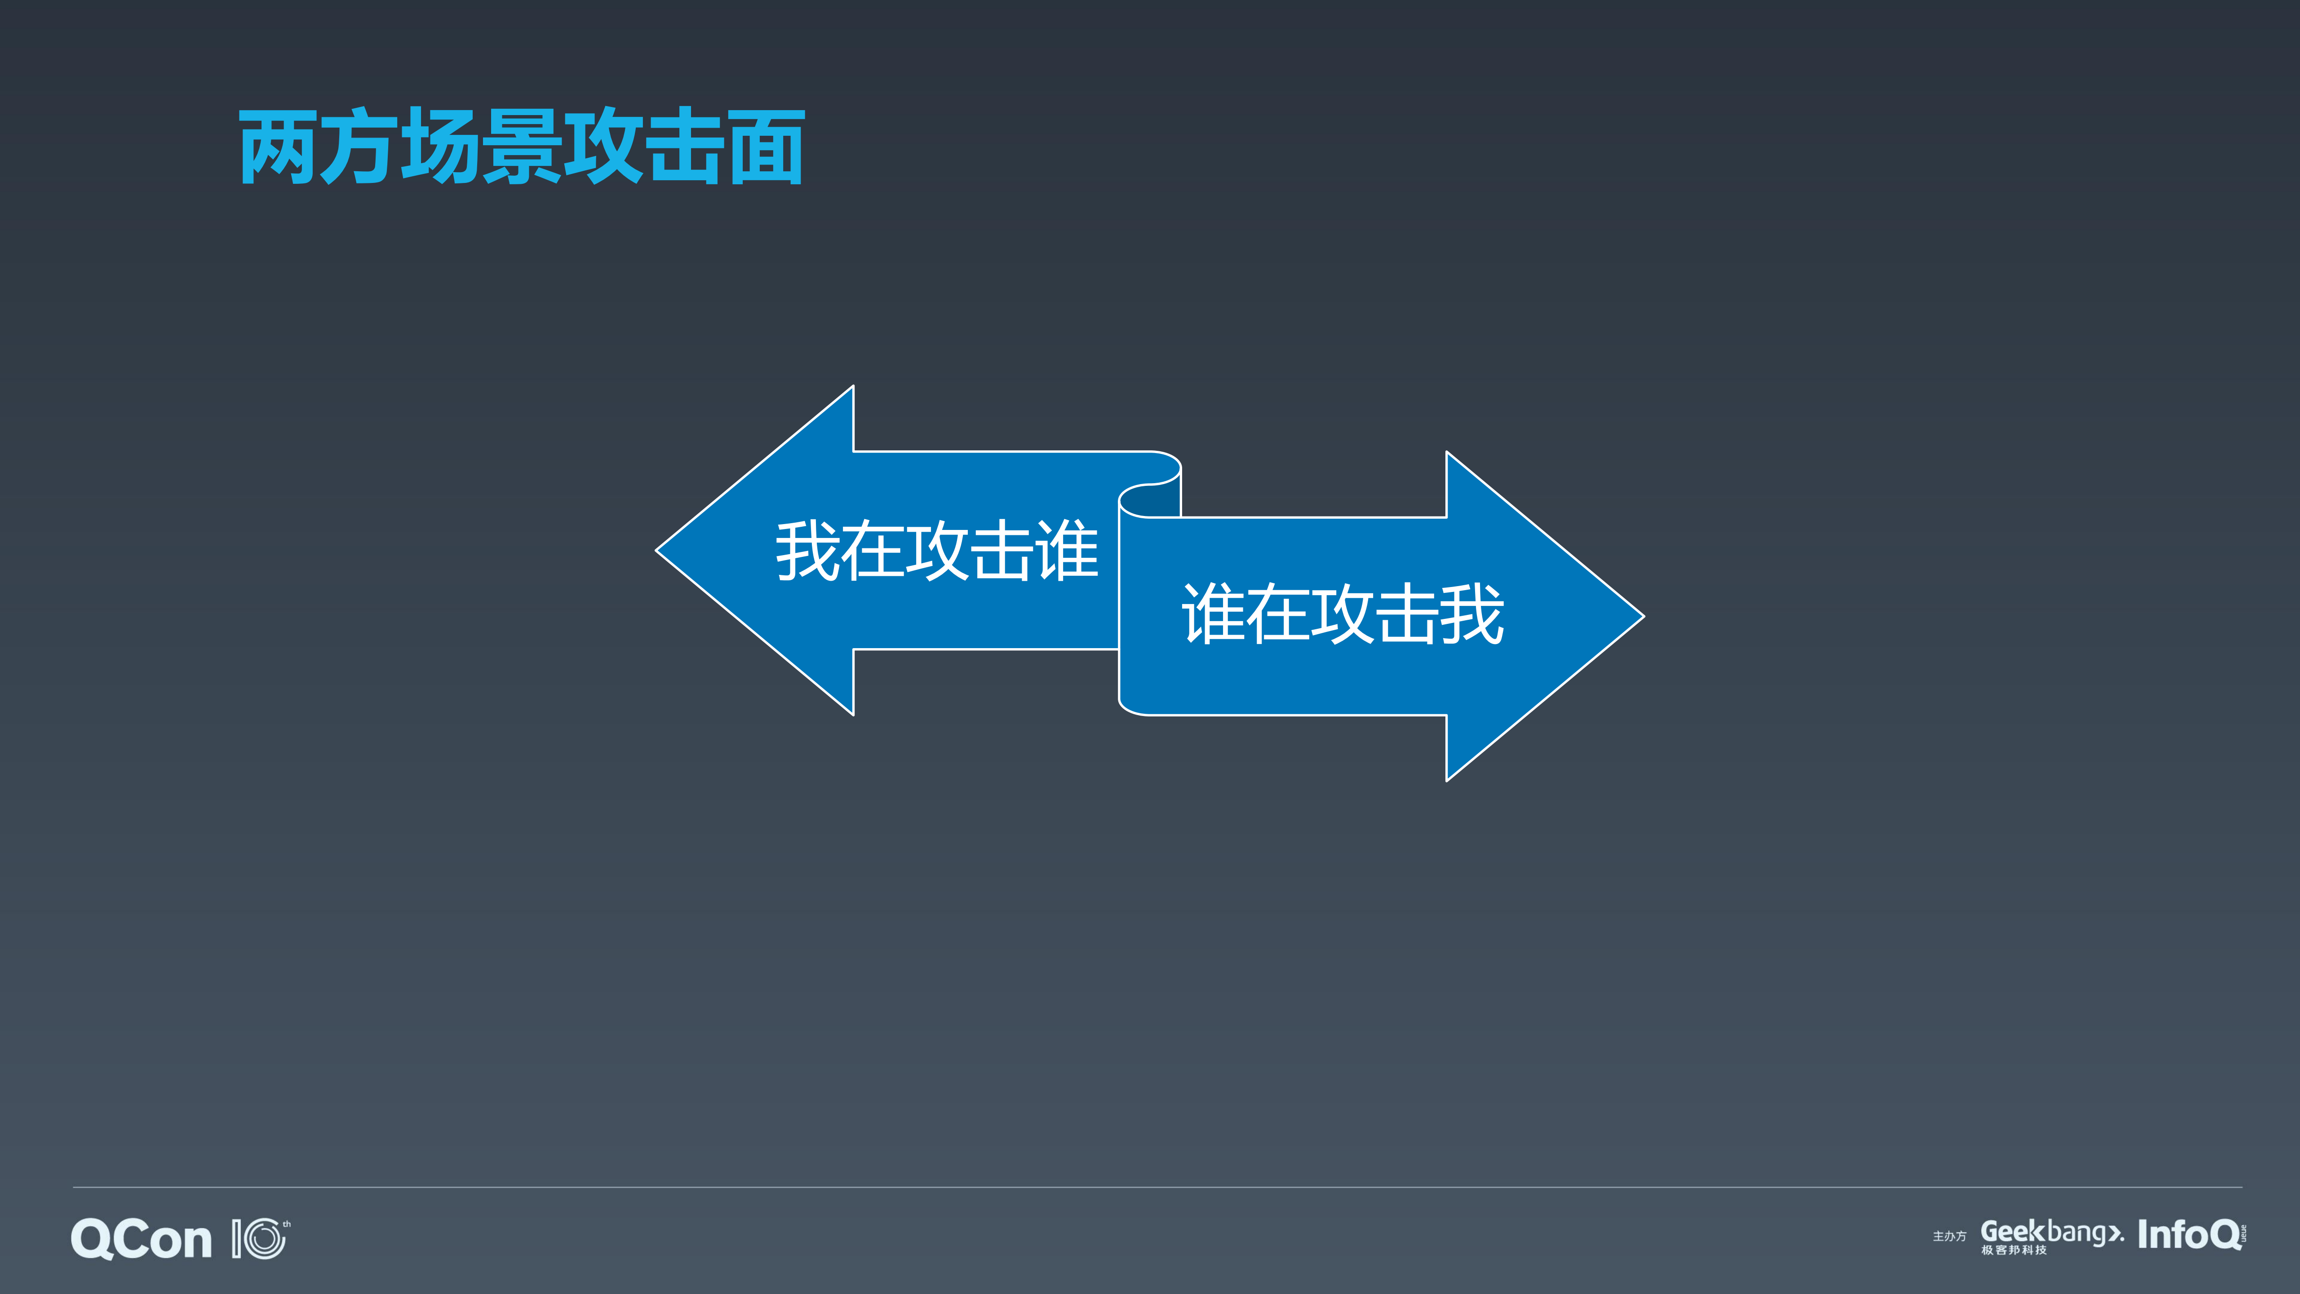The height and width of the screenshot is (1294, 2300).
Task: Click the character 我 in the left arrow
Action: pos(807,551)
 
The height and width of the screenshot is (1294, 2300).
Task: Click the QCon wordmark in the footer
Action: pos(141,1240)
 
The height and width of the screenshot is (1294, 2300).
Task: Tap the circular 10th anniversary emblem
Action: pos(261,1240)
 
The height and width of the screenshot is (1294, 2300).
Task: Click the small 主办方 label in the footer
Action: pos(1949,1237)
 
